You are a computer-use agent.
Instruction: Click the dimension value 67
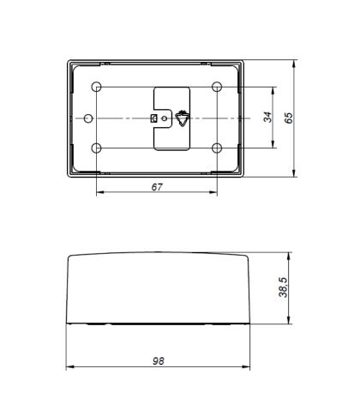pyautogui.click(x=157, y=187)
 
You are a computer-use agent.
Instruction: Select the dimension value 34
pyautogui.click(x=267, y=118)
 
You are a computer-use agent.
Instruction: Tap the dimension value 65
pyautogui.click(x=289, y=118)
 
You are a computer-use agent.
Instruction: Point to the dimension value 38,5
pyautogui.click(x=283, y=287)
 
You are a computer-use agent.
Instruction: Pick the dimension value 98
pyautogui.click(x=159, y=361)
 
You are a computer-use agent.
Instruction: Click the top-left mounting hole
pyautogui.click(x=97, y=87)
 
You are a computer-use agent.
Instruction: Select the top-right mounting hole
pyautogui.click(x=217, y=87)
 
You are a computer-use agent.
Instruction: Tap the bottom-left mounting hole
pyautogui.click(x=97, y=148)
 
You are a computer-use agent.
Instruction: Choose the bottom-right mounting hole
pyautogui.click(x=217, y=148)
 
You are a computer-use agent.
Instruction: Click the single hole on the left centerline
pyautogui.click(x=88, y=118)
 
